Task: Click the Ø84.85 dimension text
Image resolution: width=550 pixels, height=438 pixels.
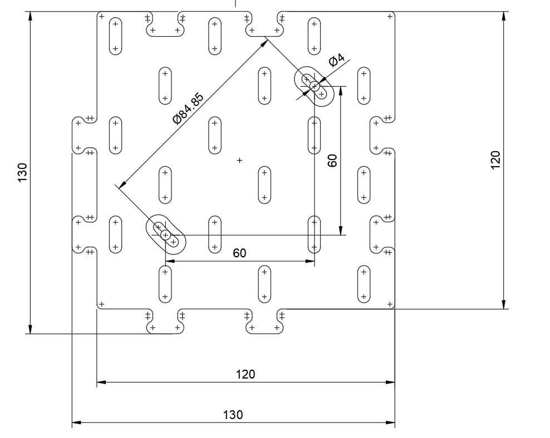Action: point(188,109)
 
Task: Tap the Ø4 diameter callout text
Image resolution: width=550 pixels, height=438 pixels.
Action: point(337,60)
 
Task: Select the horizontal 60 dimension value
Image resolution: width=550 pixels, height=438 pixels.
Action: point(239,253)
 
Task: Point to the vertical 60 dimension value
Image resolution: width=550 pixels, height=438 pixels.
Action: point(332,161)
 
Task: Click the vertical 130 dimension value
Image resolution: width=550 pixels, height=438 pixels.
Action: point(22,173)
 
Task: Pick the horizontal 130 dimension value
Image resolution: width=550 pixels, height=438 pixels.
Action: point(233,415)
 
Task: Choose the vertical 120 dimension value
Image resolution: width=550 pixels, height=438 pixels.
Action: point(495,160)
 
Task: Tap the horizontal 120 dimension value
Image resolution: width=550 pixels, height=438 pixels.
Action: point(245,374)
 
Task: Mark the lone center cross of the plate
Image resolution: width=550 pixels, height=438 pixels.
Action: point(239,160)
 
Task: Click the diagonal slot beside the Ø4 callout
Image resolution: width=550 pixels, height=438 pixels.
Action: point(315,86)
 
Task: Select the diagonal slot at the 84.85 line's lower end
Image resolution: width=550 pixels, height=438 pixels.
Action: point(165,235)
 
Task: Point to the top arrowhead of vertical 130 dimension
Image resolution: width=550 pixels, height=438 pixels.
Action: point(31,16)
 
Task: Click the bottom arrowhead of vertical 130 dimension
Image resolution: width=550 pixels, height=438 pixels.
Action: point(31,330)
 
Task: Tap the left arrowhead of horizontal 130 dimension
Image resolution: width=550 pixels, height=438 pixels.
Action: point(77,422)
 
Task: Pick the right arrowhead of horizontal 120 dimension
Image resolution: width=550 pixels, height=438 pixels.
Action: point(390,382)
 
